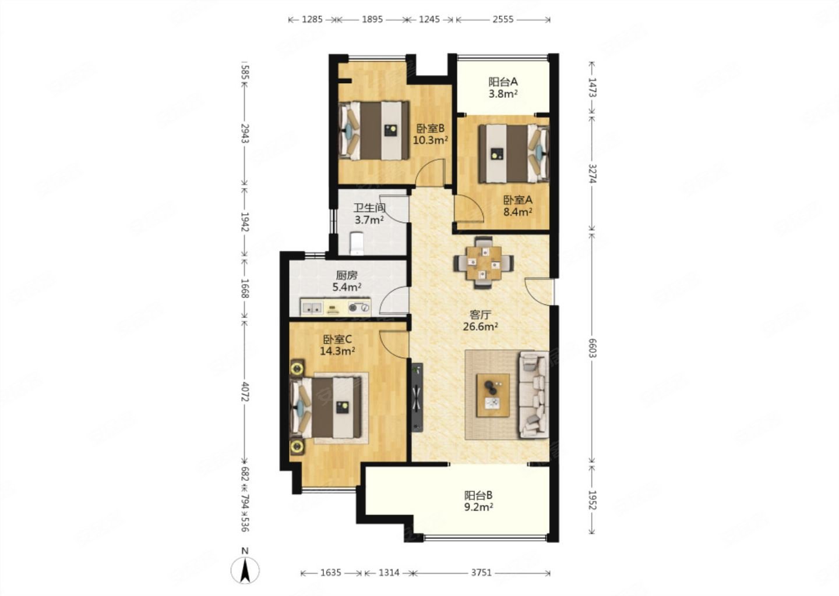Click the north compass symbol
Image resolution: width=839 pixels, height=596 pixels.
(x=245, y=569)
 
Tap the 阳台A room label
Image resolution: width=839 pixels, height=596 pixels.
(x=503, y=81)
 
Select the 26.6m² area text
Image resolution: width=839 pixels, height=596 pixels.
(x=480, y=327)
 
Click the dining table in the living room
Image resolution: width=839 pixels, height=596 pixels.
(x=484, y=263)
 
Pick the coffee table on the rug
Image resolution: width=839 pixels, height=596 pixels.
(x=492, y=395)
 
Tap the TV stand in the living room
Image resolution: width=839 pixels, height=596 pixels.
(x=417, y=398)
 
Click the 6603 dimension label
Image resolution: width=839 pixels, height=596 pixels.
(x=591, y=348)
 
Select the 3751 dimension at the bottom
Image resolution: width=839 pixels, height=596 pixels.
(x=481, y=573)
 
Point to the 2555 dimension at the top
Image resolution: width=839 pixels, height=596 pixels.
(x=503, y=19)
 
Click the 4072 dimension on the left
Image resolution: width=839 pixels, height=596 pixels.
(x=245, y=392)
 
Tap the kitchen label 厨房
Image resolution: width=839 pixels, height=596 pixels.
(x=347, y=275)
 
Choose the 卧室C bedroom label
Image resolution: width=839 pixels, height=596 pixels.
(x=337, y=339)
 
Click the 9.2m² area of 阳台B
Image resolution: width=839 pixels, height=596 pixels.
(x=479, y=508)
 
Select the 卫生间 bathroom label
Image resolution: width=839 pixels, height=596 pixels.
(x=369, y=208)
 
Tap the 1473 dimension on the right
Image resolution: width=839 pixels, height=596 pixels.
(x=591, y=87)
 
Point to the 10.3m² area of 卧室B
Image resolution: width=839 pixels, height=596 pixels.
(x=431, y=140)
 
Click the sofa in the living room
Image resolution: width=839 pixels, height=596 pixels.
(x=533, y=395)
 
